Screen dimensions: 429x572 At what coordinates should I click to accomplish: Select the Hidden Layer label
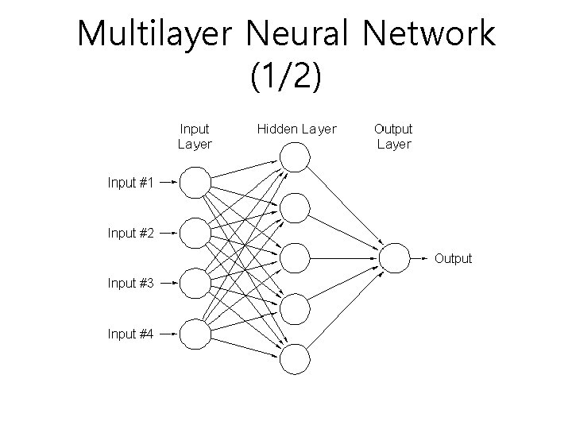coord(296,129)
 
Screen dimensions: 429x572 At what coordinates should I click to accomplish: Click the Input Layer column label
coord(195,136)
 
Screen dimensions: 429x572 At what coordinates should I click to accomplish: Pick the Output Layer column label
coord(393,136)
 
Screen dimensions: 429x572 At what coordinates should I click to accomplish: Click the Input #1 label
coord(130,183)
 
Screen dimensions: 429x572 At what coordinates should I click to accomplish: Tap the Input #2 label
coord(130,234)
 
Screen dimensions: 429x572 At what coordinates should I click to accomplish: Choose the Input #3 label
coord(130,283)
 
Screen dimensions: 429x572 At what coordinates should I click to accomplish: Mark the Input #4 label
coord(130,334)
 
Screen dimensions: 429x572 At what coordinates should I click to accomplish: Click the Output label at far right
coord(453,258)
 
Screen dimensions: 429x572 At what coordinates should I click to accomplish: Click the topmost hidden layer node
coord(295,157)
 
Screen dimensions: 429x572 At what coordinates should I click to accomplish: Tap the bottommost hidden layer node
coord(295,359)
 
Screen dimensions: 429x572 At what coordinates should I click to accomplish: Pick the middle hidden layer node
coord(295,257)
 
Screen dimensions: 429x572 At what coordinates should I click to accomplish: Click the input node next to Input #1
coord(195,183)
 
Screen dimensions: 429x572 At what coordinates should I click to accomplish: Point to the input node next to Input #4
coord(195,334)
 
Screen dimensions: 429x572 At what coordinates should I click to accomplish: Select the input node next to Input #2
coord(195,234)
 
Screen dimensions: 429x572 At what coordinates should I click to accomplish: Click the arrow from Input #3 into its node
coord(168,284)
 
